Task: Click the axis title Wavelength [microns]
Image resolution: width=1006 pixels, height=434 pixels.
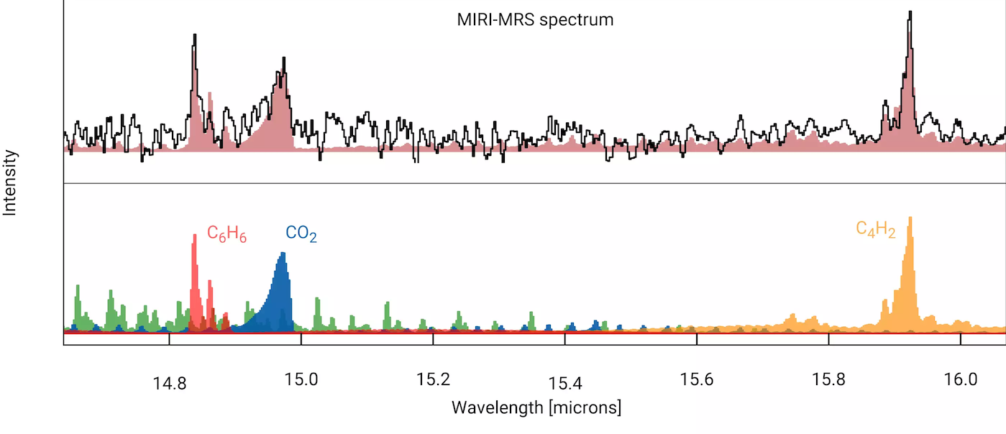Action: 536,408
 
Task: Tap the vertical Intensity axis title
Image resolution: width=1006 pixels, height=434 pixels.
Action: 10,183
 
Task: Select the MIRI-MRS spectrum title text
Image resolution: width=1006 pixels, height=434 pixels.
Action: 535,19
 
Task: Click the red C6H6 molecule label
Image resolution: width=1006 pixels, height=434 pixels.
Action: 227,234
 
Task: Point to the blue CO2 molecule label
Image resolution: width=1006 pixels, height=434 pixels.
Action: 301,234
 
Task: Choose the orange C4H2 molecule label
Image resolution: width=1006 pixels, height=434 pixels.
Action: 875,229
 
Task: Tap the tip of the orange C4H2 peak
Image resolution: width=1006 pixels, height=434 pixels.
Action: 910,218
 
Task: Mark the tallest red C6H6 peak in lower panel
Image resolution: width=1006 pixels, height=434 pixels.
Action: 194,236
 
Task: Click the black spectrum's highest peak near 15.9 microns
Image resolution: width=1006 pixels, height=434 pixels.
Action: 910,12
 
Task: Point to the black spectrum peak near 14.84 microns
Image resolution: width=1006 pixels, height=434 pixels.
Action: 194,34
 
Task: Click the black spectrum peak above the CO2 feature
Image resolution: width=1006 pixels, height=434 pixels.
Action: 284,57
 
